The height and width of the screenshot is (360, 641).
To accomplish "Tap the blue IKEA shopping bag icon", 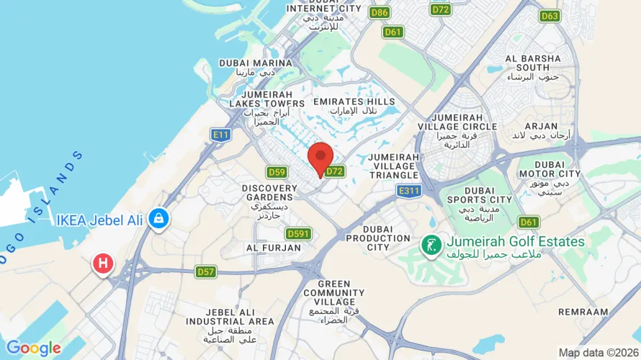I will point(158,218).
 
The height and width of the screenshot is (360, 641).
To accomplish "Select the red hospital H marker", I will point(103,264).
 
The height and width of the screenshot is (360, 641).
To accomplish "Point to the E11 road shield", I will point(220,134).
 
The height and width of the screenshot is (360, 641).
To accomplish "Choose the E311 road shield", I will point(408,190).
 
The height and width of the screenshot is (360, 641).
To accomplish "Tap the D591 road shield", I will point(297,234).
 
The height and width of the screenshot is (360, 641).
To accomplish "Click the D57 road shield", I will point(206,271).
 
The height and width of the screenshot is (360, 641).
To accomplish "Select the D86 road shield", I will point(380,12).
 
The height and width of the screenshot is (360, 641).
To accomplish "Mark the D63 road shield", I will point(550,15).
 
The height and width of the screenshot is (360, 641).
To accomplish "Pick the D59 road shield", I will point(277,172).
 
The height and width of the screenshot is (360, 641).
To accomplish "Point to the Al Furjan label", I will point(273,248).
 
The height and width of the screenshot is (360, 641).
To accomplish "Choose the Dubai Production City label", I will point(378,238).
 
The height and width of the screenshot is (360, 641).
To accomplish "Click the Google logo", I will point(33,348).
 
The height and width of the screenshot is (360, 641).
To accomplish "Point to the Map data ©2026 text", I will point(597,353).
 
